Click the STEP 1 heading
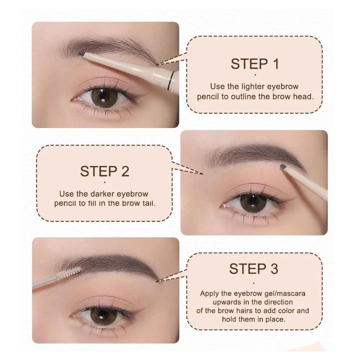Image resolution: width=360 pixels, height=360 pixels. pos(255,64)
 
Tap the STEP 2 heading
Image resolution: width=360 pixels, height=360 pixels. pos(105,171)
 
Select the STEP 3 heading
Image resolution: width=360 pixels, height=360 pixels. pos(254,269)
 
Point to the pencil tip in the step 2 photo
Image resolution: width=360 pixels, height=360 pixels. pos(283,167)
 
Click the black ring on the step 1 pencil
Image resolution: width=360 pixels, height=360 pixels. pos(170,80)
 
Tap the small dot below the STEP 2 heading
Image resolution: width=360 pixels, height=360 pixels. pos(105,183)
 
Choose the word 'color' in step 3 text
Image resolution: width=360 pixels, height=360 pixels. pos(286,311)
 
